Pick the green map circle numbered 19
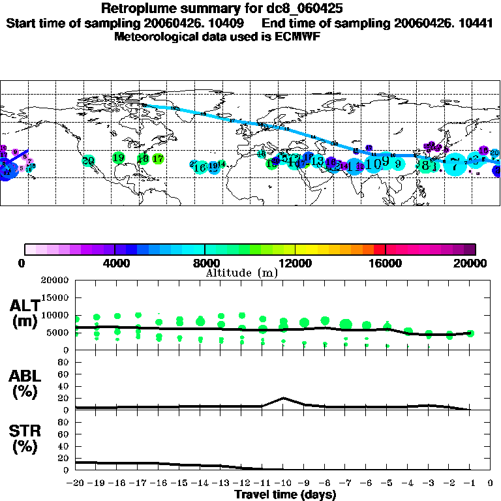(x=118, y=157)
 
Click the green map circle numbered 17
(x=157, y=158)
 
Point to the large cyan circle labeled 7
(x=455, y=164)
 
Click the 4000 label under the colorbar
(x=115, y=263)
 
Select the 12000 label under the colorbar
(x=296, y=263)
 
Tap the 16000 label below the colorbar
(x=386, y=263)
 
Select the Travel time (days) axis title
(x=285, y=494)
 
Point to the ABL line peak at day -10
(x=283, y=398)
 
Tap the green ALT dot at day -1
(x=470, y=333)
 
